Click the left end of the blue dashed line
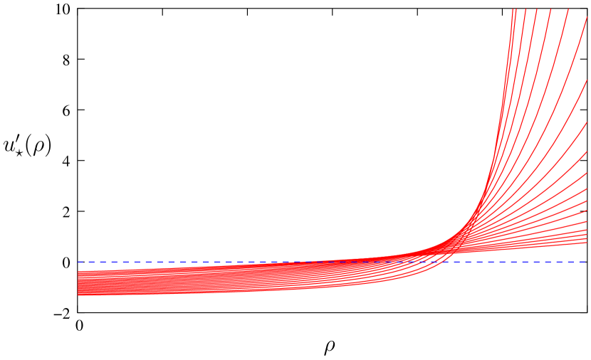click(x=78, y=262)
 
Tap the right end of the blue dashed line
click(x=587, y=262)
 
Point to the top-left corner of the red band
click(x=78, y=271)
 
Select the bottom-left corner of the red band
click(x=78, y=295)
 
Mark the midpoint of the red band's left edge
click(x=78, y=283)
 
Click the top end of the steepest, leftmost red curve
click(x=513, y=9)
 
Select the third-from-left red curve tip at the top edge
click(x=525, y=9)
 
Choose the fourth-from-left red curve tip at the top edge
click(x=537, y=9)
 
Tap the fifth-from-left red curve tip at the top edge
click(x=550, y=9)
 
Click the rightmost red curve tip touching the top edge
click(x=568, y=9)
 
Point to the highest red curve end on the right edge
click(x=587, y=18)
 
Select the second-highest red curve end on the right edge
click(x=587, y=80)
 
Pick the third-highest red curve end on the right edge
click(x=587, y=122)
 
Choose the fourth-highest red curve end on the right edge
click(x=587, y=152)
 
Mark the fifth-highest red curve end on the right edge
click(x=587, y=173)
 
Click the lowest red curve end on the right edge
click(x=587, y=243)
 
